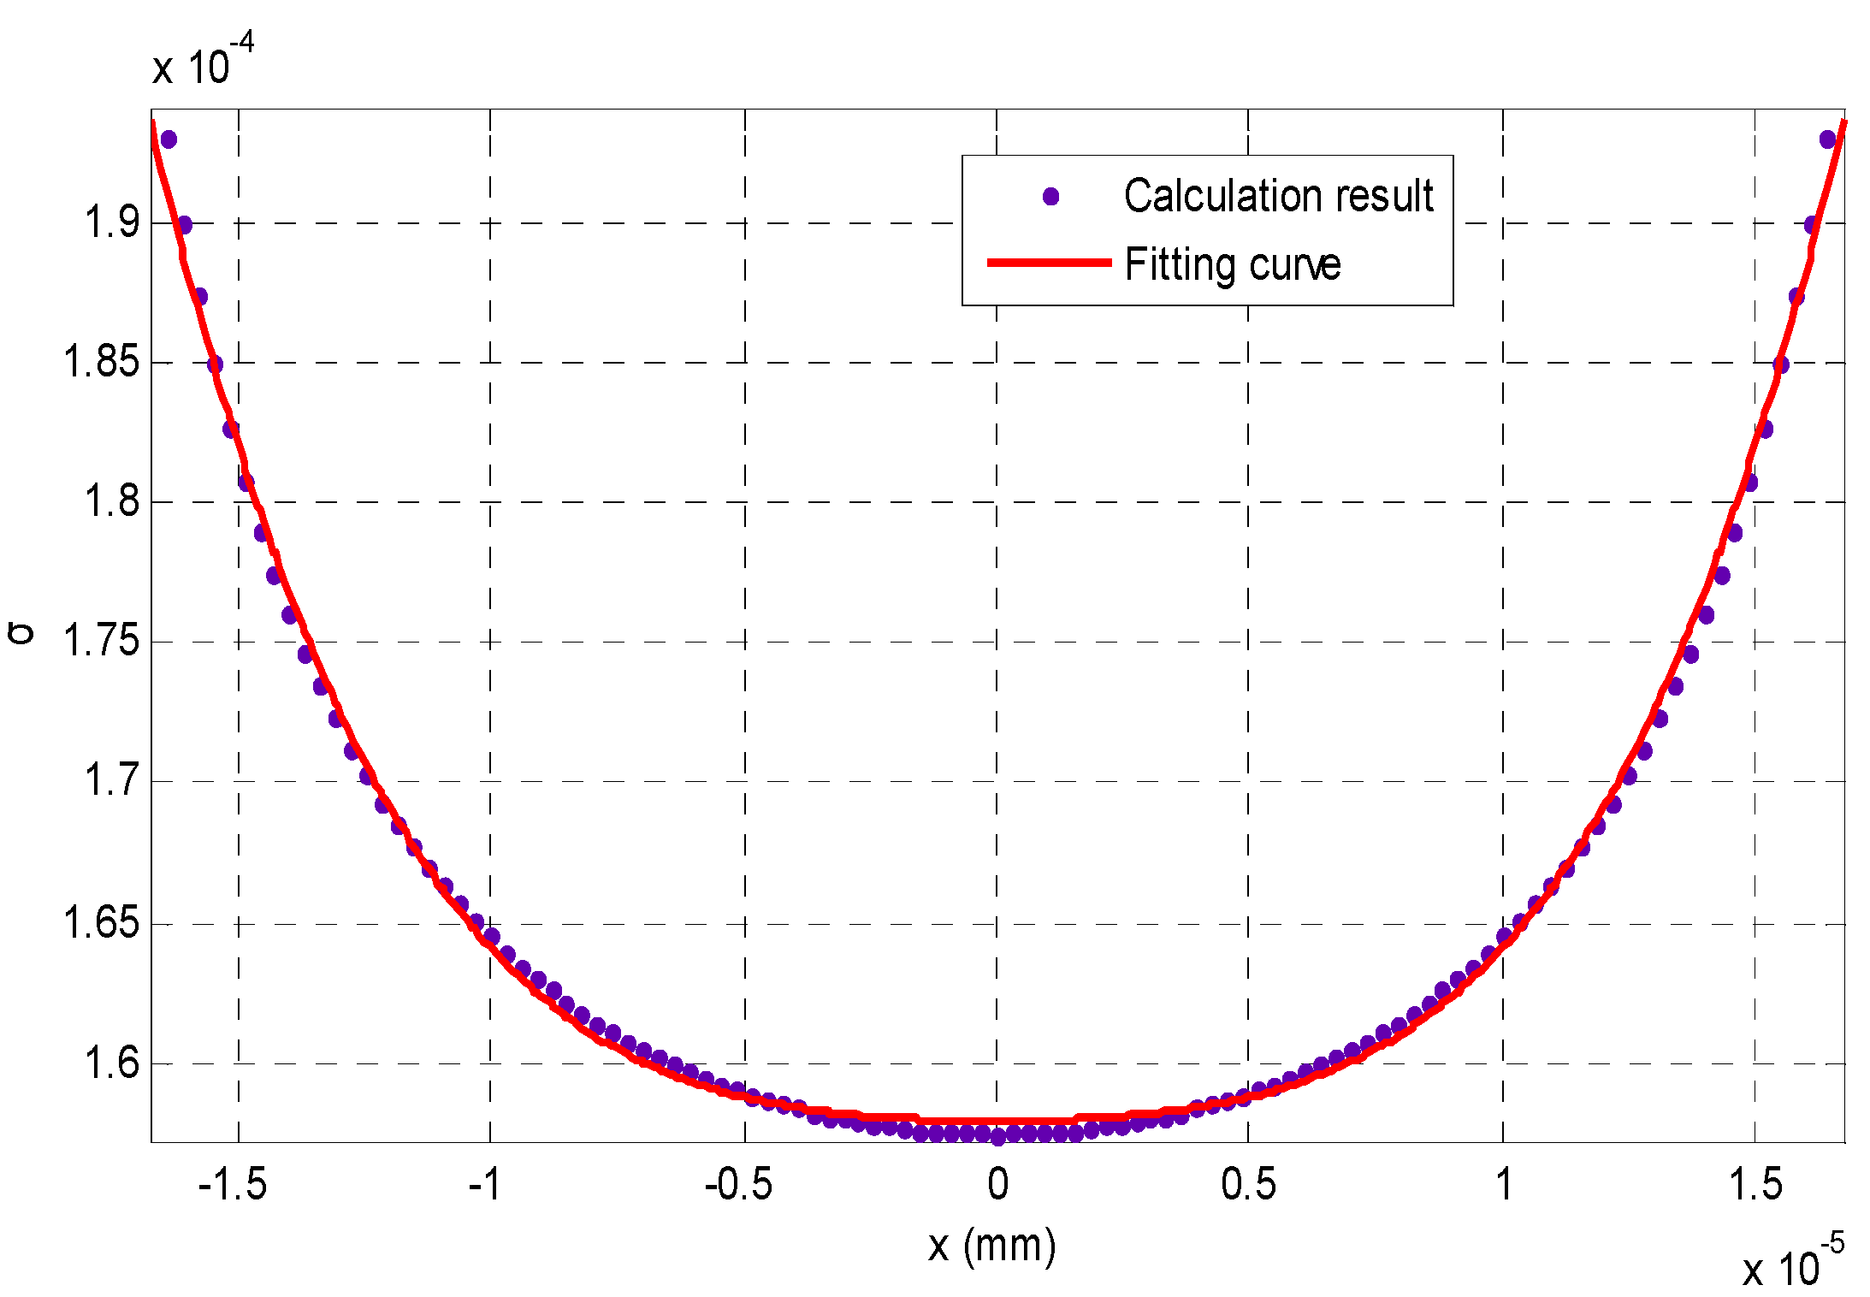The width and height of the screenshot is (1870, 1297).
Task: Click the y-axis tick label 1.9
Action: [112, 222]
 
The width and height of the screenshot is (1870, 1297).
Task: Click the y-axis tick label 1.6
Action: [112, 1063]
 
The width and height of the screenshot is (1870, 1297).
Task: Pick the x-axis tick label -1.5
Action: [232, 1185]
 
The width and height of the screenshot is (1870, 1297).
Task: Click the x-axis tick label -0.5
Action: [738, 1185]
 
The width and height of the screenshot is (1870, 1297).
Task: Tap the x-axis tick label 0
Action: [997, 1185]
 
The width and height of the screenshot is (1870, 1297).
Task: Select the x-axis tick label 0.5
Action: [1248, 1185]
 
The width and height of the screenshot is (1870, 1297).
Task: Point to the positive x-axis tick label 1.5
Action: [1755, 1185]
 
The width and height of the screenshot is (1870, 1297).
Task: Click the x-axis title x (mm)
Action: [992, 1246]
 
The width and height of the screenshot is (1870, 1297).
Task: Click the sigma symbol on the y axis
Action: [21, 633]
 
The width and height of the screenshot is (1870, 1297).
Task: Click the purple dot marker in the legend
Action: [1051, 197]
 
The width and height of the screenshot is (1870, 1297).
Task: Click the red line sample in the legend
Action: [1049, 263]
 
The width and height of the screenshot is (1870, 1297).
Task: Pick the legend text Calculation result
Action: [1278, 196]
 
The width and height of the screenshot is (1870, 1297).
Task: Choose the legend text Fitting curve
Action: [1232, 264]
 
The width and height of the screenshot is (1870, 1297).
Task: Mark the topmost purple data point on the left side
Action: [169, 139]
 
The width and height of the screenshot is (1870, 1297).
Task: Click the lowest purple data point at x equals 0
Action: [997, 1137]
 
